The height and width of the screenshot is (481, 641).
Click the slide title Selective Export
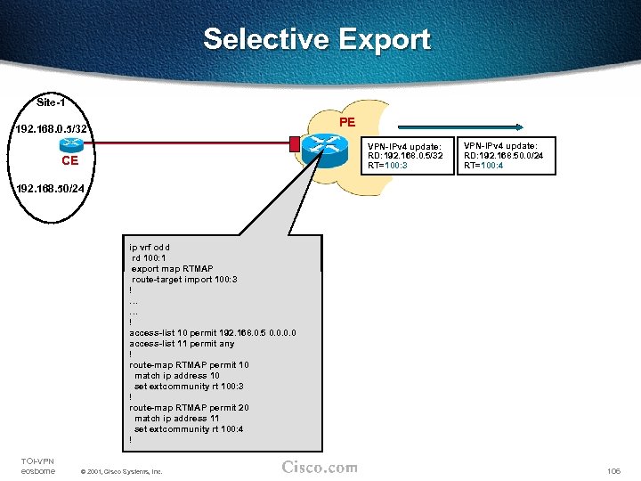tap(317, 40)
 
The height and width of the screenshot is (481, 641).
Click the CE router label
tap(70, 161)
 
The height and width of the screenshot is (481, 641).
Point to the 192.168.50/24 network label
tap(50, 189)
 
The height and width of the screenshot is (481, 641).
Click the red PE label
tap(346, 121)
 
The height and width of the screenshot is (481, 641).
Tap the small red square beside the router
tap(294, 142)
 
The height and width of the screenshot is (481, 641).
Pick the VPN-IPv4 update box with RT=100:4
tap(503, 156)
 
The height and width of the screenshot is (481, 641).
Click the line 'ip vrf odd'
tap(150, 248)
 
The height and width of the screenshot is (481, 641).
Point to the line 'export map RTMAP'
tap(171, 268)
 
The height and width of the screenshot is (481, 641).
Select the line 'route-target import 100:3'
tap(184, 279)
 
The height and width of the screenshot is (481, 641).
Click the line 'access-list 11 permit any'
tap(182, 343)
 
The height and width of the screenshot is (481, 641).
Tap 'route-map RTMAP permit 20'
tap(187, 407)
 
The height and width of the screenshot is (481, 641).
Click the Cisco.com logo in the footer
tap(320, 468)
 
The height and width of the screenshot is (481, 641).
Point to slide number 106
tap(615, 469)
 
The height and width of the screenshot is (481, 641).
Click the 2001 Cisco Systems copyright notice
tap(121, 470)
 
